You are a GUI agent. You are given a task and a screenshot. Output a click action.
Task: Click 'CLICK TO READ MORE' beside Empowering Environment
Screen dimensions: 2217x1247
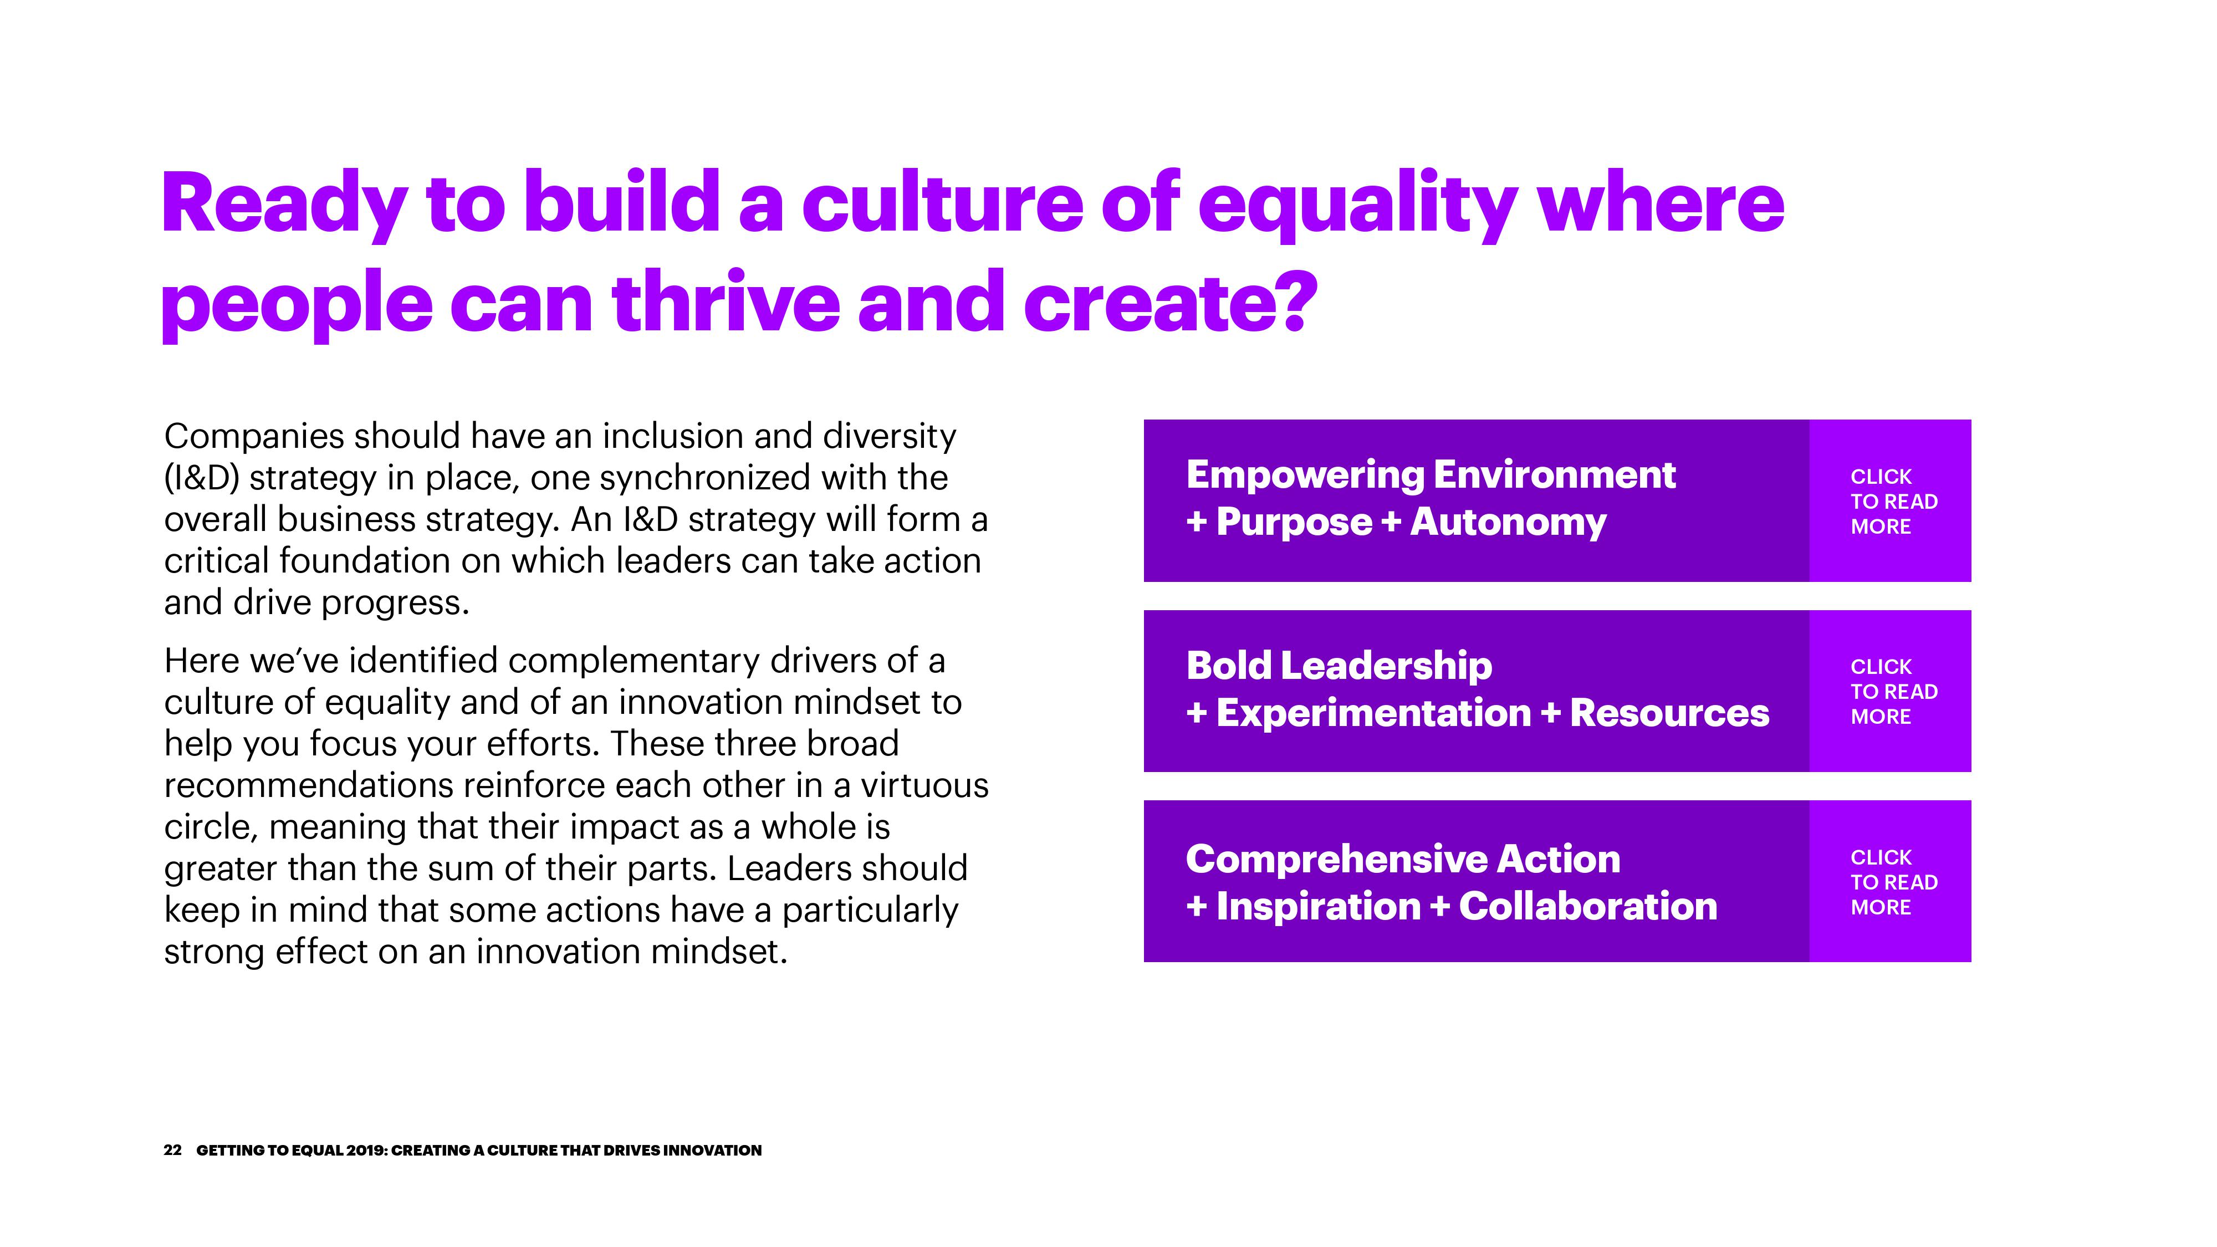(1893, 502)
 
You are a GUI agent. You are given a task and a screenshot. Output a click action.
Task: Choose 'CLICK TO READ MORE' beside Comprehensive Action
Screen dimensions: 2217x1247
(1893, 882)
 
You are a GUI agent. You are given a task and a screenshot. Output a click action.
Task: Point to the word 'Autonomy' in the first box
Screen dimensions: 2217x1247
(1508, 523)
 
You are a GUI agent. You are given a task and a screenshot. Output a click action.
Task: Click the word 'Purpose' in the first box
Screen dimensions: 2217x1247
(1294, 523)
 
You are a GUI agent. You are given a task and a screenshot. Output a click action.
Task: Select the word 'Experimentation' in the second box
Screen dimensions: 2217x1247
(1373, 713)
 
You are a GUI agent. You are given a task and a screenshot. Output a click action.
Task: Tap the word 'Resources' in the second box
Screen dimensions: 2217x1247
(1669, 713)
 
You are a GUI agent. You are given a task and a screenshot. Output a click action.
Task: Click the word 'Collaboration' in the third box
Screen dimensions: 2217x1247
(1588, 906)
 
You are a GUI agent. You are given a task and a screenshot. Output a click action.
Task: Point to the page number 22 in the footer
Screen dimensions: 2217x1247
(172, 1151)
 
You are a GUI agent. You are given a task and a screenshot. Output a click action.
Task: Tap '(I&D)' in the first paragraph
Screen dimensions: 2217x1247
(201, 478)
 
